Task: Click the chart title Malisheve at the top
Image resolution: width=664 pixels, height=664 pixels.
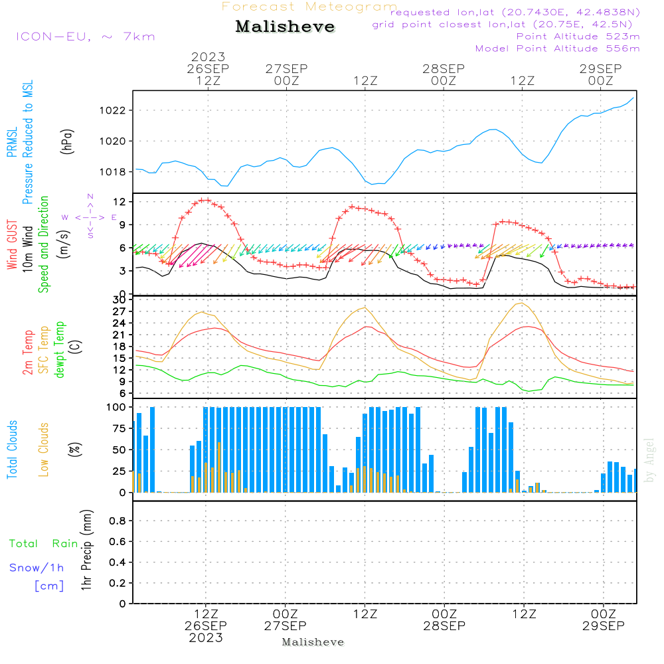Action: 285,27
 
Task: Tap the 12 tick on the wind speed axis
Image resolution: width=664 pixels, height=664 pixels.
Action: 120,201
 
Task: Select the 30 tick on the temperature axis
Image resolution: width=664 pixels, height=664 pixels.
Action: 120,300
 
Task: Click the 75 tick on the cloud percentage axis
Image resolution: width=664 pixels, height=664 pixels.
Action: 120,428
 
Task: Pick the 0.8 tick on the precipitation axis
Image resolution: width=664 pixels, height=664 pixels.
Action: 117,521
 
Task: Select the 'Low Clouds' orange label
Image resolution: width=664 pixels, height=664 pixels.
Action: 44,450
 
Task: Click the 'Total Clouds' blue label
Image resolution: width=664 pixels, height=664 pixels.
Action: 13,450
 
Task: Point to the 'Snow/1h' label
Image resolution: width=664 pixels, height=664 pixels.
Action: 37,568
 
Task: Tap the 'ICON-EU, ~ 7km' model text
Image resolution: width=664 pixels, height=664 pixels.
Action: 85,37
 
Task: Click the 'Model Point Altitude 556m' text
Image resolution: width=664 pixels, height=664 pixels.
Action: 557,48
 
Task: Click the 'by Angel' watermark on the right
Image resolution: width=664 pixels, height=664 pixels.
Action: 649,459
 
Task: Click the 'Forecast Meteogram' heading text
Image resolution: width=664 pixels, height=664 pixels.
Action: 309,7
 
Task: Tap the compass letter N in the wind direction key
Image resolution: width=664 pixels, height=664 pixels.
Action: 90,197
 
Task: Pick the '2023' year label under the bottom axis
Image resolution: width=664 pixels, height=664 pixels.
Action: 205,638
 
